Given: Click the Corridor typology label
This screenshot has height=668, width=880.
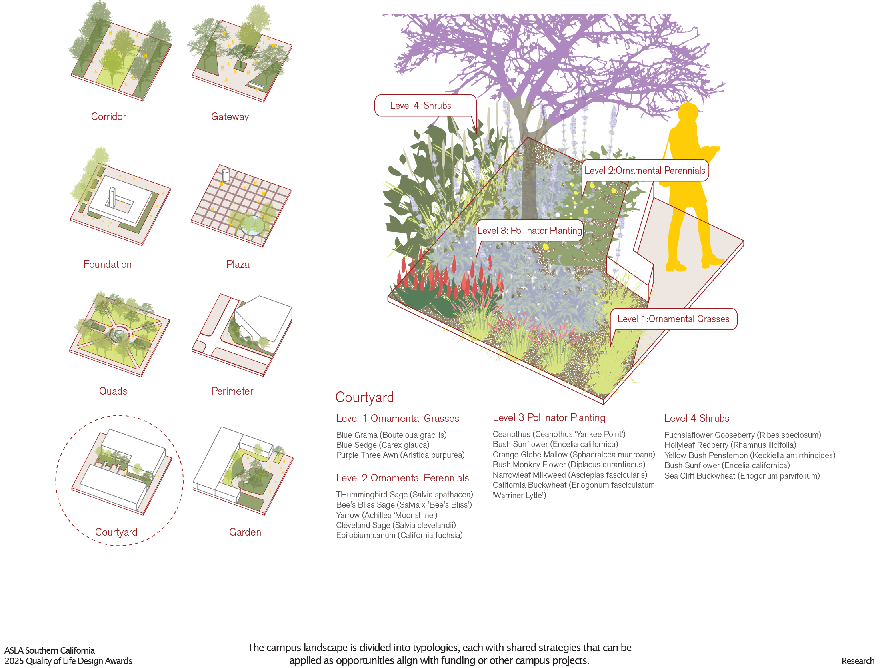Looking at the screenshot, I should pyautogui.click(x=108, y=116).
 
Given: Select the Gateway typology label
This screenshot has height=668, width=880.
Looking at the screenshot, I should pyautogui.click(x=230, y=116).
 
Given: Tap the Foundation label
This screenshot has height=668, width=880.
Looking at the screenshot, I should pyautogui.click(x=108, y=264).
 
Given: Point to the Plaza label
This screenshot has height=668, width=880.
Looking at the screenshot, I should pyautogui.click(x=238, y=264).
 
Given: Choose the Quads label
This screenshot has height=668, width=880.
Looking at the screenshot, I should pyautogui.click(x=113, y=391).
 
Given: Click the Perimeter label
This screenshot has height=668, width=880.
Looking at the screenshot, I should pyautogui.click(x=232, y=391).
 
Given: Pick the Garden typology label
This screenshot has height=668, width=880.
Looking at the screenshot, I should pyautogui.click(x=245, y=532).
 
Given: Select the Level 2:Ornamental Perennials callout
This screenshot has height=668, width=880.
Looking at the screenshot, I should pyautogui.click(x=645, y=171).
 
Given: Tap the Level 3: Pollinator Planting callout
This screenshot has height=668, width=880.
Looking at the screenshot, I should pyautogui.click(x=529, y=231).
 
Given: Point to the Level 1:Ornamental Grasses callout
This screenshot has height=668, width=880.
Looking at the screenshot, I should pyautogui.click(x=673, y=319).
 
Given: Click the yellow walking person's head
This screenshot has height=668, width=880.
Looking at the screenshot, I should pyautogui.click(x=689, y=112).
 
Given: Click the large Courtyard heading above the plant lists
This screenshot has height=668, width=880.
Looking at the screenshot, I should pyautogui.click(x=364, y=397).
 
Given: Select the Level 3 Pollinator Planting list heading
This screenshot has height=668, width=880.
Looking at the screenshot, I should pyautogui.click(x=549, y=417).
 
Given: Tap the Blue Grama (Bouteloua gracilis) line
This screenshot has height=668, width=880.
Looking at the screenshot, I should pyautogui.click(x=391, y=435).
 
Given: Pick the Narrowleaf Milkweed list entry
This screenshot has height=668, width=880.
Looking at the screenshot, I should pyautogui.click(x=570, y=475).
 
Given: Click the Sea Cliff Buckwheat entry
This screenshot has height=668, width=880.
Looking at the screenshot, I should pyautogui.click(x=742, y=476).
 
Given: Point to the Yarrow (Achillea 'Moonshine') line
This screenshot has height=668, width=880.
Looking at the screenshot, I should pyautogui.click(x=386, y=515).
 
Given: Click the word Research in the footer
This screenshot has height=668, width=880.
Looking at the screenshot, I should pyautogui.click(x=858, y=661).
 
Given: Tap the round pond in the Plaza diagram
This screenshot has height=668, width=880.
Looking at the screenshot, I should pyautogui.click(x=253, y=225).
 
